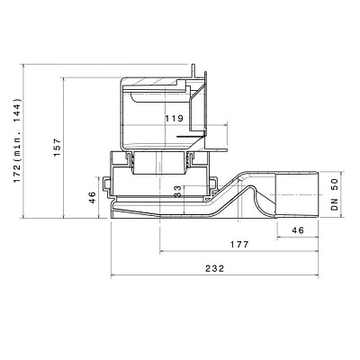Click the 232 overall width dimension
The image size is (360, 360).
tap(215, 268)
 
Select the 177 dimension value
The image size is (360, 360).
tap(238, 244)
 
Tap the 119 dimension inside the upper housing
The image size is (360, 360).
tap(175, 119)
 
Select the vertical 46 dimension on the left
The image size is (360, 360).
tap(92, 198)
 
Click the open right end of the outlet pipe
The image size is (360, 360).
tap(320, 194)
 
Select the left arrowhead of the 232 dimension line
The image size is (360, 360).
tap(112, 275)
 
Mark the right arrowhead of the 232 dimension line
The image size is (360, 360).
tap(319, 275)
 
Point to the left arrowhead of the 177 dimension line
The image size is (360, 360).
tap(161, 251)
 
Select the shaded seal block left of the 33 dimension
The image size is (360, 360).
tap(144, 164)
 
